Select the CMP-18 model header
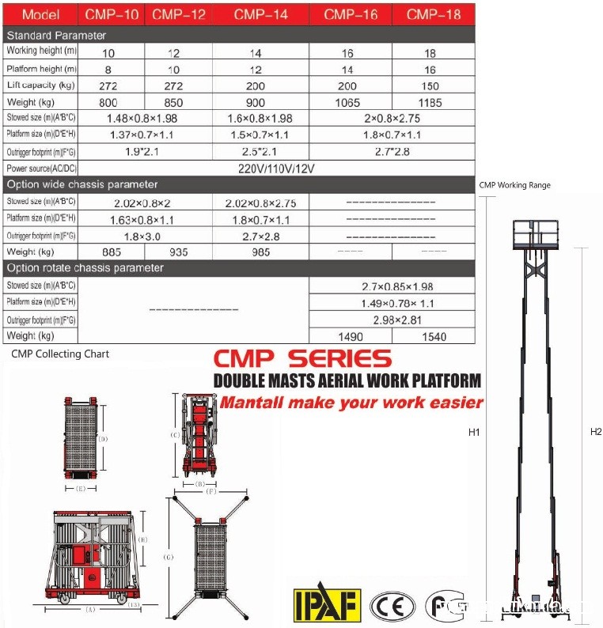pos(434,14)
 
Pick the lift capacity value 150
pos(434,85)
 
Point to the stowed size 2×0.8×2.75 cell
pos(391,119)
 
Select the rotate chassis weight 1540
pos(434,336)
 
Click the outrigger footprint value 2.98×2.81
pos(391,320)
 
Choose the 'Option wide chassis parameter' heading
pos(82,185)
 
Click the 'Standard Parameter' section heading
pos(56,36)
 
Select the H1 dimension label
pos(475,432)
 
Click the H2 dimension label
pos(596,432)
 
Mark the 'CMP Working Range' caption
pos(514,185)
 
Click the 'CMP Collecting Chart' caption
pos(60,354)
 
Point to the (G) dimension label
pos(168,557)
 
